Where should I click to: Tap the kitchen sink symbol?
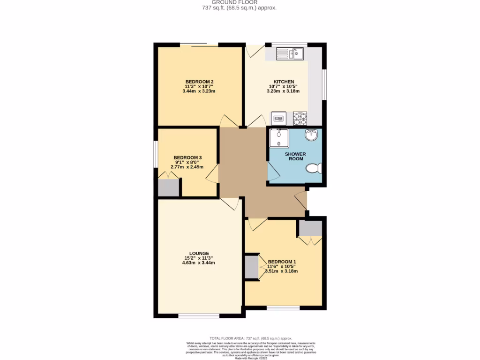(x=290, y=54)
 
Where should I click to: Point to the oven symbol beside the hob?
(x=278, y=117)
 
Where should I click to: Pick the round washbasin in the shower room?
(x=311, y=135)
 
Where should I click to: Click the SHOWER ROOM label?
(x=295, y=157)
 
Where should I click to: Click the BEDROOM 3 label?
(x=187, y=157)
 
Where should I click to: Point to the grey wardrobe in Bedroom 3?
(x=169, y=187)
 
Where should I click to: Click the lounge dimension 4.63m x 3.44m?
(x=199, y=263)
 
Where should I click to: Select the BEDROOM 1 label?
(x=282, y=262)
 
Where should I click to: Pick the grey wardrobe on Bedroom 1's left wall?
(x=252, y=267)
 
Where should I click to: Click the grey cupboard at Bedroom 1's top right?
(x=310, y=228)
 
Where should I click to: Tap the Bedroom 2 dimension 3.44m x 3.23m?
(x=199, y=91)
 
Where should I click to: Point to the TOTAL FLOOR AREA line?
(x=251, y=338)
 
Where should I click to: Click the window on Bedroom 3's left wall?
(x=156, y=153)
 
